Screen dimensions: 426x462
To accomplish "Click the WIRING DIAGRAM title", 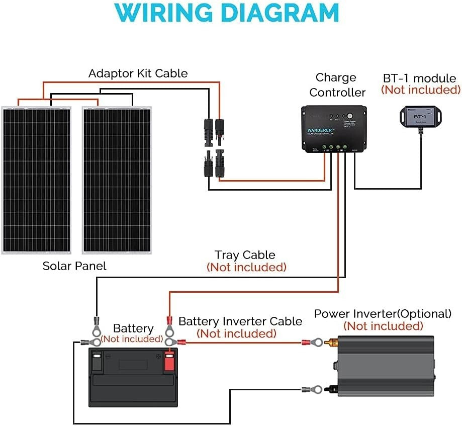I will point(231,14).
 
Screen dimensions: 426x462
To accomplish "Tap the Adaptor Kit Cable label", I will point(138,73).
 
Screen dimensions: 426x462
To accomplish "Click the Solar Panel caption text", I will point(74,266).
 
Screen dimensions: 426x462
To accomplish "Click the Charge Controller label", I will point(337,85).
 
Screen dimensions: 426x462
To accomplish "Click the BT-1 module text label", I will point(420,78).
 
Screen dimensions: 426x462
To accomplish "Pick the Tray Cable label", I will point(245,255).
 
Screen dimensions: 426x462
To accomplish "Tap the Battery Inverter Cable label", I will point(240,321).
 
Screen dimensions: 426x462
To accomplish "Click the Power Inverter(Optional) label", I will point(383,314).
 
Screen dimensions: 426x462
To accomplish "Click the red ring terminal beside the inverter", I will point(312,343).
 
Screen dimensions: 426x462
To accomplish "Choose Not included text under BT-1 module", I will point(420,90).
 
